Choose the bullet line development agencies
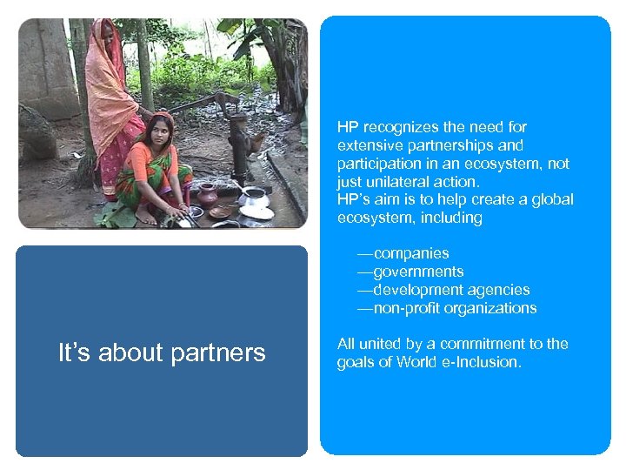[x=450, y=290]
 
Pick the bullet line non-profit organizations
[x=454, y=308]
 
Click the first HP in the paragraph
[x=347, y=127]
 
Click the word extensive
[x=369, y=145]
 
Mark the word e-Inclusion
[x=481, y=362]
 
